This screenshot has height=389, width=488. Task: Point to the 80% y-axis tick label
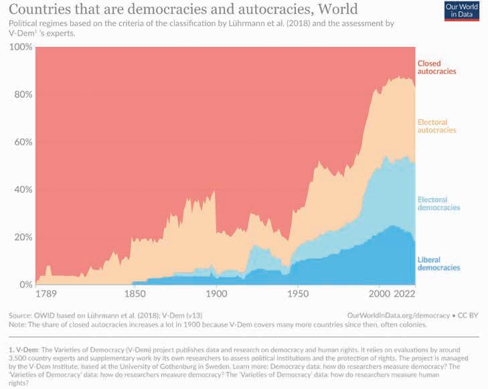click(x=21, y=95)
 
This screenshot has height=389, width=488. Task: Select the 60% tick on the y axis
click(x=21, y=143)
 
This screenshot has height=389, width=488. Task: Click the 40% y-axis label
click(x=21, y=190)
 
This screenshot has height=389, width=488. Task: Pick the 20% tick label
click(x=21, y=238)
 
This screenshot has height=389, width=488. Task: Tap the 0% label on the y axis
click(x=23, y=285)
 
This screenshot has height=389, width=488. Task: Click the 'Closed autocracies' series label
click(x=436, y=67)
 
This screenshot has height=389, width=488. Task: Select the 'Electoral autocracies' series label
click(x=436, y=126)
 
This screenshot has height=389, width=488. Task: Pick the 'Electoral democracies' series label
click(x=439, y=204)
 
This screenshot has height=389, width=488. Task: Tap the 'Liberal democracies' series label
click(x=439, y=263)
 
